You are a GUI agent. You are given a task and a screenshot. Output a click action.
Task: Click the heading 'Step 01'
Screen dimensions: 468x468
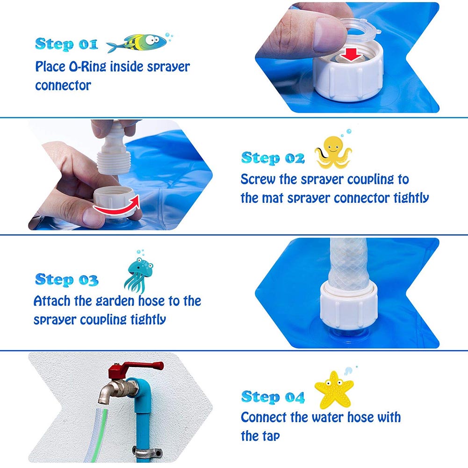click(66, 44)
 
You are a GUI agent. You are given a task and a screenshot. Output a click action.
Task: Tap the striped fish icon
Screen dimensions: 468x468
click(138, 43)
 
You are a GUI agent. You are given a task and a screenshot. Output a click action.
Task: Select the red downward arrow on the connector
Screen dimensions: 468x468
click(352, 55)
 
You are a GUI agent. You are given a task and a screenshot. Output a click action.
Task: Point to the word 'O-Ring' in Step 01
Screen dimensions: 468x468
click(87, 66)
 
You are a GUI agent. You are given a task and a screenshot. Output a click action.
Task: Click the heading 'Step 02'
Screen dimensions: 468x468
click(273, 158)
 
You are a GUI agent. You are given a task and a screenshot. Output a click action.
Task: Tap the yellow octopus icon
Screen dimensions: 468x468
click(333, 152)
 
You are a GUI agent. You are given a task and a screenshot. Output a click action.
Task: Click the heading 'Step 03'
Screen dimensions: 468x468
click(66, 280)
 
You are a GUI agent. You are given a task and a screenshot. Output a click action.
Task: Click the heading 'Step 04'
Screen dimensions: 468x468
click(273, 397)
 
